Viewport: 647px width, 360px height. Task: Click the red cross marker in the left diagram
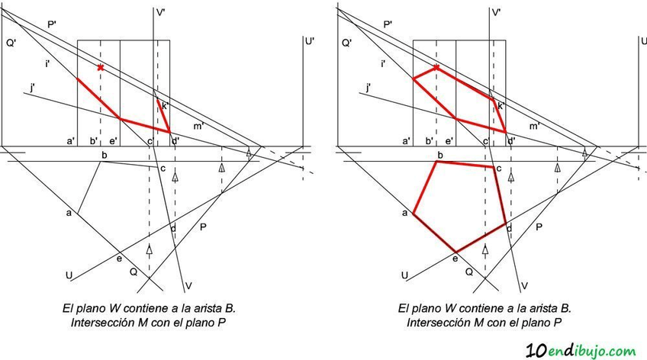point(100,68)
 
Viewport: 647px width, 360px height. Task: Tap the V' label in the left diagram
point(160,13)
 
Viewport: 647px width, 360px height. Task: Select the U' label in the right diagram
point(645,43)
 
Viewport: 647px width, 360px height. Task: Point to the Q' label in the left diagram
point(11,43)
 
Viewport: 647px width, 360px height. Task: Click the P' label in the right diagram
point(387,24)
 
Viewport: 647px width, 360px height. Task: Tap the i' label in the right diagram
point(382,64)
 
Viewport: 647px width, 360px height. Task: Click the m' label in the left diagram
point(198,125)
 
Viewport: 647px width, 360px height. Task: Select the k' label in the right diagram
point(501,106)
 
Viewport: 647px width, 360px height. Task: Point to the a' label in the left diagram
point(70,141)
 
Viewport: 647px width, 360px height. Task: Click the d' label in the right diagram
point(510,141)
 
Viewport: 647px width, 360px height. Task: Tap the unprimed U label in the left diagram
point(69,275)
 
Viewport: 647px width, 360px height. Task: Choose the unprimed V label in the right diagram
point(524,286)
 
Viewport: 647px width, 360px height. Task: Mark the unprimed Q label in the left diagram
point(133,270)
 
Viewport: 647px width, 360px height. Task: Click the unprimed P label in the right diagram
point(539,227)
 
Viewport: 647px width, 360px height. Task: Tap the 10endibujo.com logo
point(581,349)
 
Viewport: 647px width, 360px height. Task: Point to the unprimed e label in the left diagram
point(117,259)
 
